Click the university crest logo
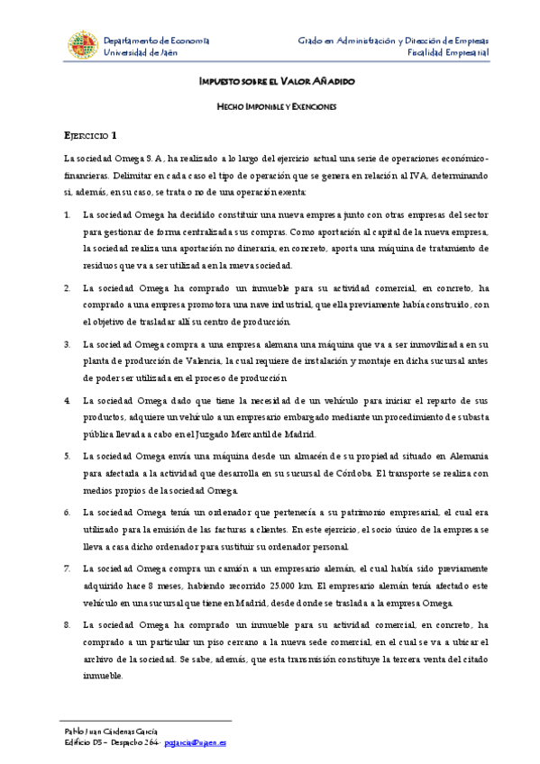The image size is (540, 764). pos(82,46)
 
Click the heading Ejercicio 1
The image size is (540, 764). pos(90,136)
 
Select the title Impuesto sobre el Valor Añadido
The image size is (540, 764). pos(277,81)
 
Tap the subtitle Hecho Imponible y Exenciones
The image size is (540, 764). pos(277,107)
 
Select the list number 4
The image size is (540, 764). pos(68,398)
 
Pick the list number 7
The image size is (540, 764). pos(68,569)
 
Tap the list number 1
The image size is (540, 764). pos(68,216)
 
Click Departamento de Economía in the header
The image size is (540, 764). pos(157,41)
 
